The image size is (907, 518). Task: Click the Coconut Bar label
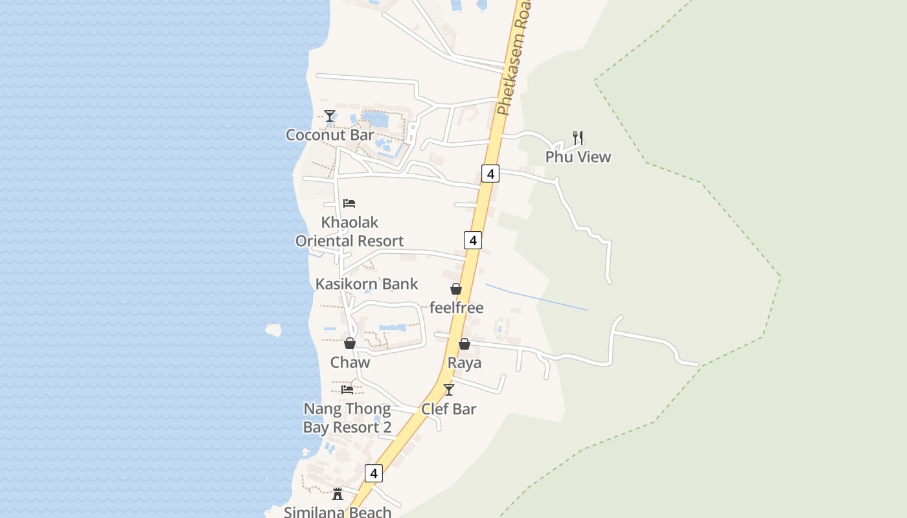330,135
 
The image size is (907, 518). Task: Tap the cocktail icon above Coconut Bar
330,116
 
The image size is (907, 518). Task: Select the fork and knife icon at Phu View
578,137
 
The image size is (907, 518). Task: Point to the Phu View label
578,157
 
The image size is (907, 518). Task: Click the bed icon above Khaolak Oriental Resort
349,203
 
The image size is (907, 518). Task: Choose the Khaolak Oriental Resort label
350,231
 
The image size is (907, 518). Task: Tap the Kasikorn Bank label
367,284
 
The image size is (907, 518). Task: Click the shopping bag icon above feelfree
456,289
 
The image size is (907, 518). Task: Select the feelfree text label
456,308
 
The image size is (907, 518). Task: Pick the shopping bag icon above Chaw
350,343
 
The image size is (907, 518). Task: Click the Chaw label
350,362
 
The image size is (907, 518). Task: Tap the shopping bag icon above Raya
465,344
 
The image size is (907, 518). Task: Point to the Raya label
465,363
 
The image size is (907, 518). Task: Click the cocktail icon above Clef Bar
448,390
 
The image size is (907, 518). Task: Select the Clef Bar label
448,409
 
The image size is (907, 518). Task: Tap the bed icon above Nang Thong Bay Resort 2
347,390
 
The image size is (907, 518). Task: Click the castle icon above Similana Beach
338,494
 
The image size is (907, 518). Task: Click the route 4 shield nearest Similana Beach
373,473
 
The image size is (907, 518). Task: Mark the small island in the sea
273,330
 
